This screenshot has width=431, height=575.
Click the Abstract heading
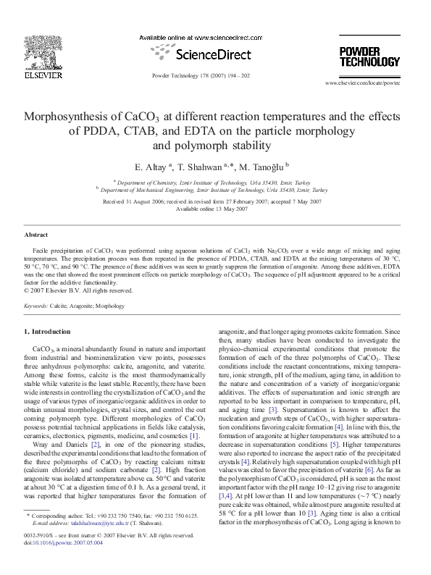[x=35, y=235]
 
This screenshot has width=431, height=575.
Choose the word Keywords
[x=36, y=306]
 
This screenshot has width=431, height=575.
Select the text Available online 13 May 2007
[x=215, y=208]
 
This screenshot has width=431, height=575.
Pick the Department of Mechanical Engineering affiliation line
[x=215, y=189]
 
